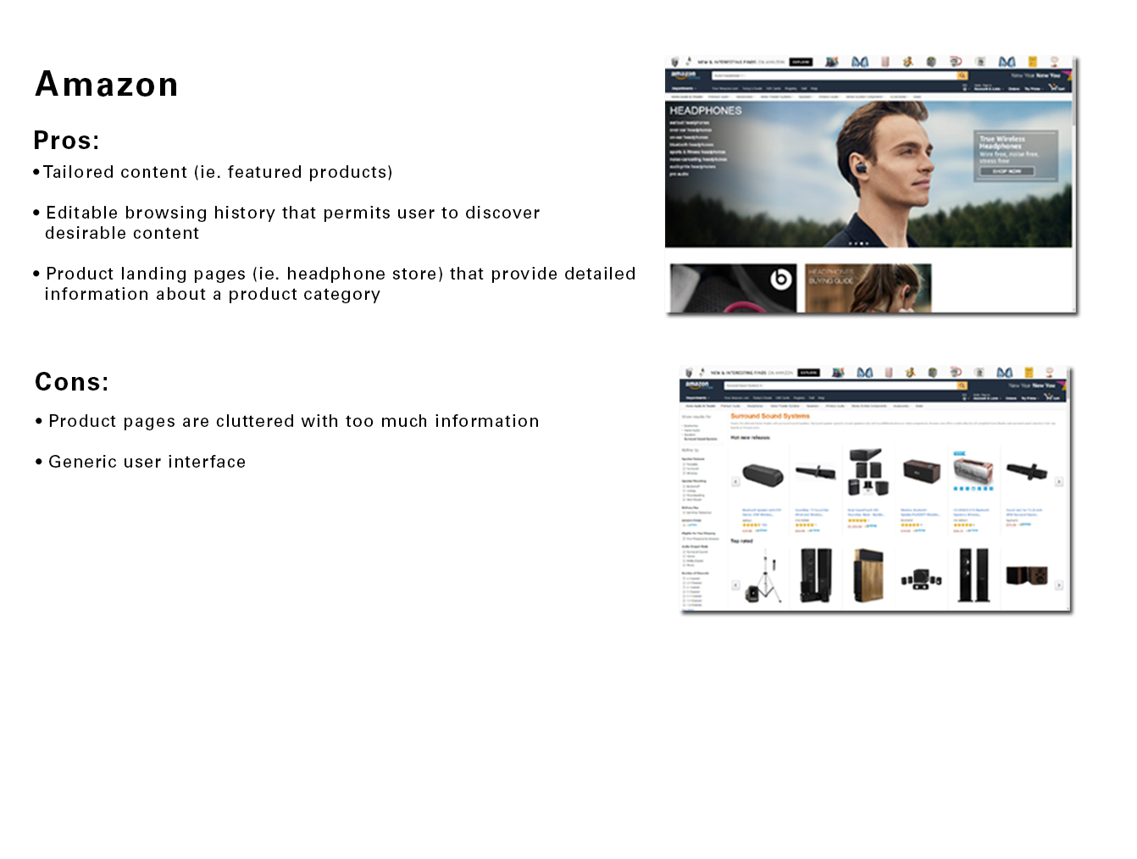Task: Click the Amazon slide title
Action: (x=107, y=85)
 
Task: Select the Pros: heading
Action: (x=66, y=141)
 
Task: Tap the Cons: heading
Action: (x=72, y=382)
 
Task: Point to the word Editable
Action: (x=81, y=213)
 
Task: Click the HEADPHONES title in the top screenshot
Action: (x=705, y=111)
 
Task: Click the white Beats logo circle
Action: (x=780, y=279)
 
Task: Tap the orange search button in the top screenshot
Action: (x=962, y=76)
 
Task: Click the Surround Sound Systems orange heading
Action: (x=770, y=416)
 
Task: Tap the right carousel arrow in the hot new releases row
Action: (x=1058, y=481)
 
